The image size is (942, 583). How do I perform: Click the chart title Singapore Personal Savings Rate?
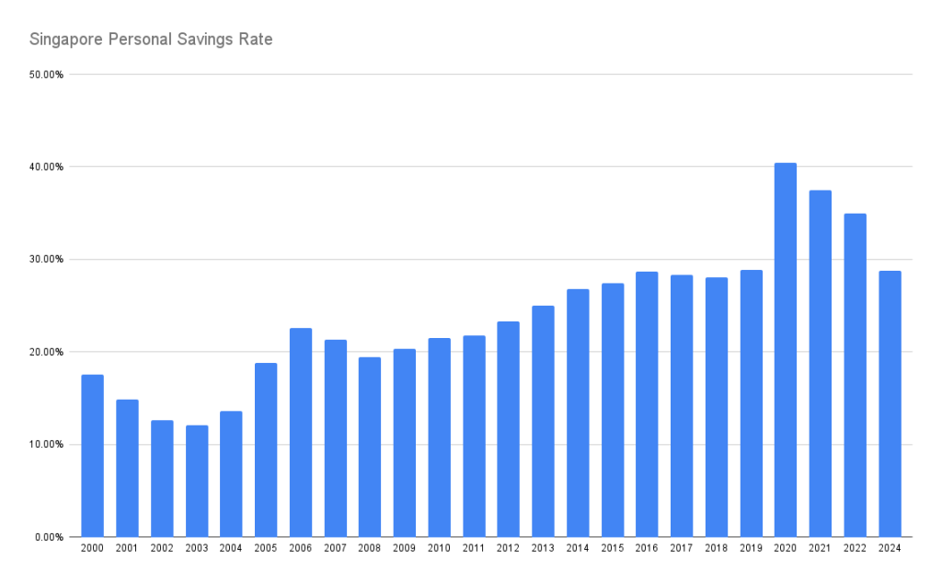click(x=151, y=40)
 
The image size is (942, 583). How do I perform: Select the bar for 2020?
click(x=786, y=350)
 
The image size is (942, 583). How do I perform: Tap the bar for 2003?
click(x=197, y=481)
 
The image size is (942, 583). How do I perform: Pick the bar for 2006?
click(x=301, y=432)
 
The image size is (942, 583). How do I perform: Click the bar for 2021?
click(x=821, y=363)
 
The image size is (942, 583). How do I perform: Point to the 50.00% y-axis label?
click(x=45, y=75)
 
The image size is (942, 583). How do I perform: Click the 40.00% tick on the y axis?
click(x=45, y=167)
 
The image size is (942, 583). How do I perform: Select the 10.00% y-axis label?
click(x=45, y=444)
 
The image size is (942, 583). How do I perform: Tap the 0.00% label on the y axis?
click(x=48, y=537)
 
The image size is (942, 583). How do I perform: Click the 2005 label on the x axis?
click(x=266, y=549)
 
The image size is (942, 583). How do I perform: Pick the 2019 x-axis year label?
click(x=751, y=549)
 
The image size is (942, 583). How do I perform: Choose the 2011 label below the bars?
click(x=474, y=549)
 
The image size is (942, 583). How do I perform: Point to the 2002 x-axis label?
click(x=162, y=549)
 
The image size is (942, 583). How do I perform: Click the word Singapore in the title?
click(x=65, y=40)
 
